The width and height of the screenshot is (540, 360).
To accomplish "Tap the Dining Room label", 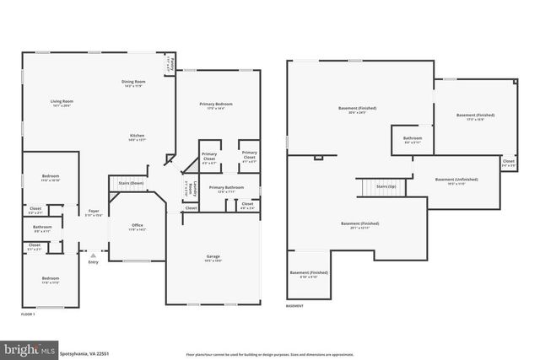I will pos(136,82).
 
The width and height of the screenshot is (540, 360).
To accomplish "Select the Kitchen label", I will pos(136,136).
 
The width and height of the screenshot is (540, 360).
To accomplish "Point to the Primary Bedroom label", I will pos(216,104).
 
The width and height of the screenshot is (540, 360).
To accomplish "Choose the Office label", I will pos(137,224).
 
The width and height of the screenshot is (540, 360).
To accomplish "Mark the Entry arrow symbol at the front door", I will pos(93,250).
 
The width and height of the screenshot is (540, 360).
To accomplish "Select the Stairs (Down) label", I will pos(132,182).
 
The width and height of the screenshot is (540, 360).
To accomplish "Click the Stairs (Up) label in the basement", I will pos(387,185).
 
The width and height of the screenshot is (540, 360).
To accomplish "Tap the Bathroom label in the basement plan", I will pos(412,137).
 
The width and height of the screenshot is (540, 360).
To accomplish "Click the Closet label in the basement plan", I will pos(509,161).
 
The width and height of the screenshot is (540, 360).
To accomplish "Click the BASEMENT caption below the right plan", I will pos(295,306).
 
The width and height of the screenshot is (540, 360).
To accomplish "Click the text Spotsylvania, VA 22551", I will pos(85,353).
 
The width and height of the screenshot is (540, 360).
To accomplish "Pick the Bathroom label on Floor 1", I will pos(42,227).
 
